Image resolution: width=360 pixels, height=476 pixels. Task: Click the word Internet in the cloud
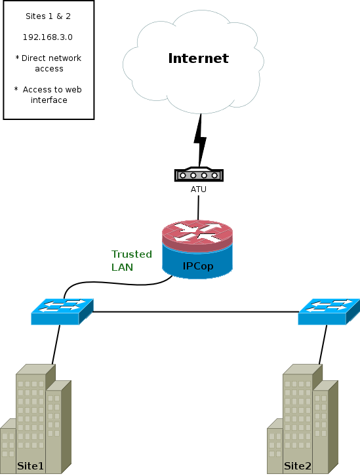198,58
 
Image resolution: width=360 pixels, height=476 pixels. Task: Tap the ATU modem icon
199,174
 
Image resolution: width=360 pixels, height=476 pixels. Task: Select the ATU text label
199,189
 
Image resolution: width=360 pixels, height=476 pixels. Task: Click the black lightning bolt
200,140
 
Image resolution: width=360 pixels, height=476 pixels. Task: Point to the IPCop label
198,266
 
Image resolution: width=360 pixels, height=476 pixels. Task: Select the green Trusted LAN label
131,260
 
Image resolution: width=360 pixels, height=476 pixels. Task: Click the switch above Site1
62,312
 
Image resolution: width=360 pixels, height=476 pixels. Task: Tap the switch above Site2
329,312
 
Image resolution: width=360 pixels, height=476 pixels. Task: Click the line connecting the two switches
196,312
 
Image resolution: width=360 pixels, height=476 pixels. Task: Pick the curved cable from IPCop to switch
115,283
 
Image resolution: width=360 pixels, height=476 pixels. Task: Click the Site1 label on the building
30,466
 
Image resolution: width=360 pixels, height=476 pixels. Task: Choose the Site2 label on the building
298,466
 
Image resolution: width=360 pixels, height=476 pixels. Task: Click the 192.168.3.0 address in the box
48,37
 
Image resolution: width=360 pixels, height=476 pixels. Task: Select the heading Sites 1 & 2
48,16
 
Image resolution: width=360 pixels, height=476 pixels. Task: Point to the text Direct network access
49,63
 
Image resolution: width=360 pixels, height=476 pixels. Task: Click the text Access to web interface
48,94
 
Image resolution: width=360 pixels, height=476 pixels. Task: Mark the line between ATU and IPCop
199,208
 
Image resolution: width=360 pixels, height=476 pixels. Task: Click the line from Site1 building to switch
56,345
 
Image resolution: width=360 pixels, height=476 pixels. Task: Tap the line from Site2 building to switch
323,345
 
